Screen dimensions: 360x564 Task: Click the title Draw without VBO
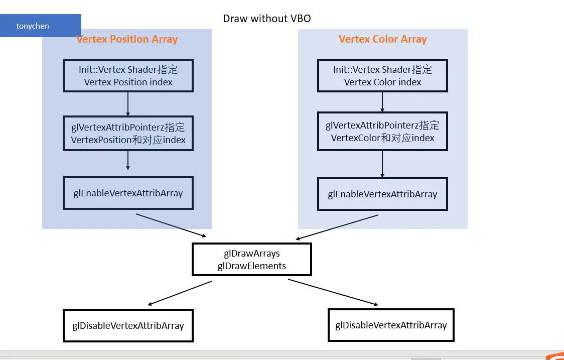point(267,19)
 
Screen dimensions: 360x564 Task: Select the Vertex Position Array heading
point(127,39)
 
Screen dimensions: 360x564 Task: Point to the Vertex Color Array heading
point(382,39)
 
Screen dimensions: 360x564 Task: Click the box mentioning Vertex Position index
point(128,76)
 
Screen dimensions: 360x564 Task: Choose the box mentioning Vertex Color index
point(382,76)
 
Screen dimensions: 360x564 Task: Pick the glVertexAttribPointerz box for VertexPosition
point(128,134)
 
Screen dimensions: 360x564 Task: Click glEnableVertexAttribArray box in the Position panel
point(128,193)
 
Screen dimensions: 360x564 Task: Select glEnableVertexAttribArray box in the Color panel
point(382,194)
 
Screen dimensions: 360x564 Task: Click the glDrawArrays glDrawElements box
point(251,260)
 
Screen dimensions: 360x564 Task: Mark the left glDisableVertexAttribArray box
point(128,326)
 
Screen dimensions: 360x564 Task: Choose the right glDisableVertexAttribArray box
point(391,325)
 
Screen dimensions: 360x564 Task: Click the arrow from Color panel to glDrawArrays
point(337,227)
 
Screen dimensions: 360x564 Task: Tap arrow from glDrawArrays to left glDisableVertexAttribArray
point(180,293)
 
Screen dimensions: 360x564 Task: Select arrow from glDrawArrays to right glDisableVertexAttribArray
point(333,292)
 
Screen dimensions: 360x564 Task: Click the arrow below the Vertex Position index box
point(128,104)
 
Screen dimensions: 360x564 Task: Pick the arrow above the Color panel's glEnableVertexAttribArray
point(382,164)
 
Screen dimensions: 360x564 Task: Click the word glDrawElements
point(251,266)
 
